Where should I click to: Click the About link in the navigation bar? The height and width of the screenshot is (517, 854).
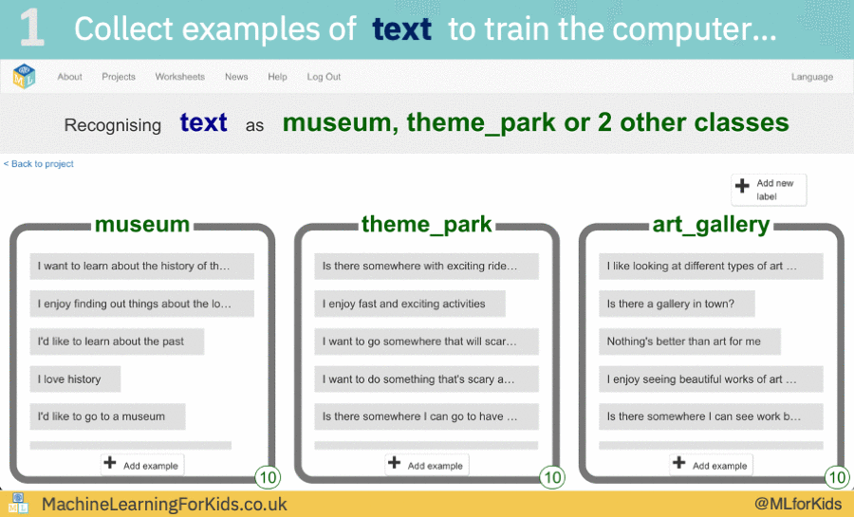coord(69,77)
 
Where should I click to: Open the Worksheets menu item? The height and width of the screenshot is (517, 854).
coord(179,77)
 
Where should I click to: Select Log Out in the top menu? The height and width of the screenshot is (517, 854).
coord(324,77)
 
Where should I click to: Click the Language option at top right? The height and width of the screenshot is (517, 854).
coord(812,77)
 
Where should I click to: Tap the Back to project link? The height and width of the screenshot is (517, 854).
coord(39,164)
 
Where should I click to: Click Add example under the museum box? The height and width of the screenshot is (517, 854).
coord(142,465)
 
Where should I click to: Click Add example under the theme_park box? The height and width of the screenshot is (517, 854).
coord(427,465)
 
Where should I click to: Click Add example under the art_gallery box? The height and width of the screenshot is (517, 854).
coord(712,465)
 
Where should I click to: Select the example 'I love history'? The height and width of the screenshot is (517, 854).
coord(75,379)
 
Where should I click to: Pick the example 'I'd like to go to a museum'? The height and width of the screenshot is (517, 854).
coord(107,416)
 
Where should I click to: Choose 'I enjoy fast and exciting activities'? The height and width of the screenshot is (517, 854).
coord(410,304)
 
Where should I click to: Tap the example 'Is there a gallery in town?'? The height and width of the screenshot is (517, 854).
coord(678,304)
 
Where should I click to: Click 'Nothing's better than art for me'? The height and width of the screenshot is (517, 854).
coord(690,342)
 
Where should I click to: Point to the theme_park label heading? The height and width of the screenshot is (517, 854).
coord(427,225)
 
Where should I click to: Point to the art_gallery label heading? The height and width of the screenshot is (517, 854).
coord(712,225)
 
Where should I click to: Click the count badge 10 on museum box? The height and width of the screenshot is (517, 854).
coord(267,477)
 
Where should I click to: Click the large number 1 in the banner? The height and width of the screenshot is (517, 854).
coord(32,28)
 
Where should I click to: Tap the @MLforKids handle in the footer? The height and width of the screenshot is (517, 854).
coord(797,504)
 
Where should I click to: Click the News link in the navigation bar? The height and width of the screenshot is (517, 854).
coord(236,77)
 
